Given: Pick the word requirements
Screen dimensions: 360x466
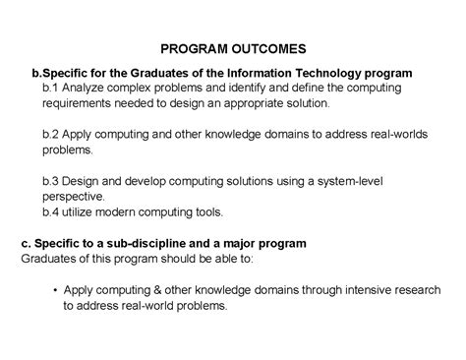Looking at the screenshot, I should (x=80, y=102).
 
